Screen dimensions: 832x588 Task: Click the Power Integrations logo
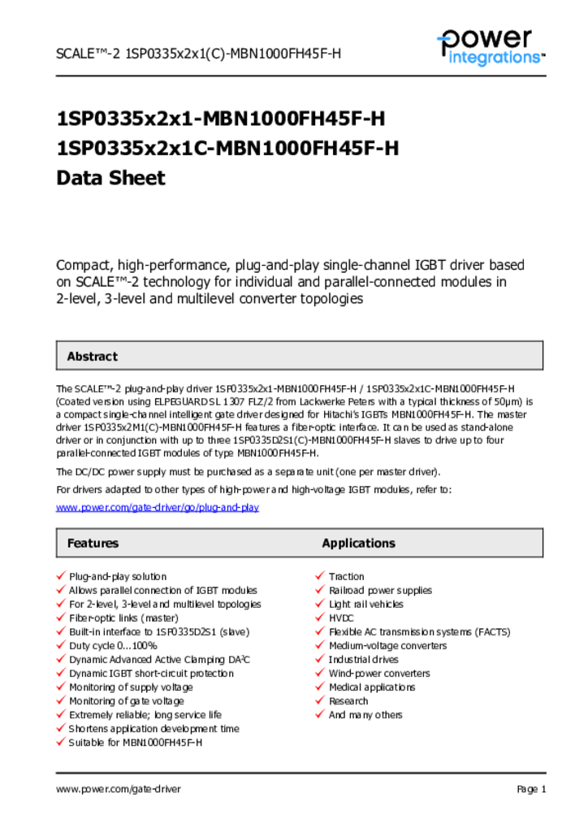click(490, 47)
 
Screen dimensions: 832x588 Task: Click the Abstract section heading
click(92, 357)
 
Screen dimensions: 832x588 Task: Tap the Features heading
click(93, 544)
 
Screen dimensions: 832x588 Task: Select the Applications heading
click(358, 544)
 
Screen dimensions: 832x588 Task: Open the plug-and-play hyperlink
click(158, 507)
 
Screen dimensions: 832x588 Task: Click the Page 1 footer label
click(531, 789)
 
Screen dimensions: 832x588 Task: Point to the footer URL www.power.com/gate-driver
click(119, 789)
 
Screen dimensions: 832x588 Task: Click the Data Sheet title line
click(110, 178)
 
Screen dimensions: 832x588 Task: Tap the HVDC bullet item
click(341, 618)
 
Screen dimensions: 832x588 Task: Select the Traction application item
click(347, 577)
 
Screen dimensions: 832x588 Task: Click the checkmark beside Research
click(320, 700)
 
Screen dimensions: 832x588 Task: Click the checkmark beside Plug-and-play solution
click(61, 576)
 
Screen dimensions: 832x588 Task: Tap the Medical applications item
click(372, 687)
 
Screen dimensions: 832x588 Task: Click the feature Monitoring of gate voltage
click(127, 701)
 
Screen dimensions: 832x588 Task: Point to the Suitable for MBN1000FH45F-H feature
click(136, 743)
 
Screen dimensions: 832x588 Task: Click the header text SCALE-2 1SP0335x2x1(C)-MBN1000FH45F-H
click(198, 54)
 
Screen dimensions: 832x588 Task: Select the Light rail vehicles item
click(366, 604)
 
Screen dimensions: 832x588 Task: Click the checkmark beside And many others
click(320, 714)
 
